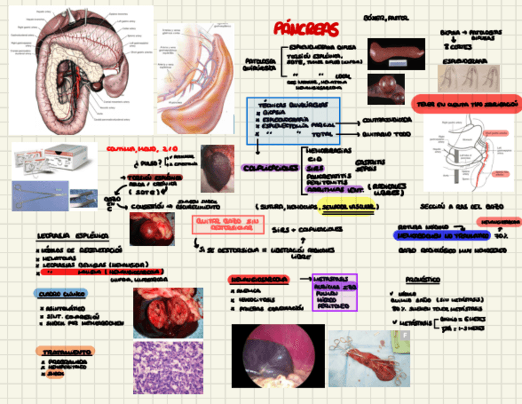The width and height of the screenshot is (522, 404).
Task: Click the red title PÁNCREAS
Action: [306, 29]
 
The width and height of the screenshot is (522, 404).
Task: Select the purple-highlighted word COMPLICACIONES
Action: [270, 168]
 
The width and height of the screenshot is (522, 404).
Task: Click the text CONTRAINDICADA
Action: [387, 119]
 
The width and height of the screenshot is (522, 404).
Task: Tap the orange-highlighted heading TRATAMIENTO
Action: [65, 352]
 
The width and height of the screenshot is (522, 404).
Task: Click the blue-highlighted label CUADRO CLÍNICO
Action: [62, 294]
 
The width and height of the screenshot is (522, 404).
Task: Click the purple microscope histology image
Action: [168, 368]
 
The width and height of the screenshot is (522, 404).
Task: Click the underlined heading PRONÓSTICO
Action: [423, 280]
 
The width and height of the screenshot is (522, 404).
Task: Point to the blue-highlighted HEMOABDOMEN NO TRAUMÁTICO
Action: [441, 235]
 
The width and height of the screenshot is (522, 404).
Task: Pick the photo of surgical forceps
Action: [54, 195]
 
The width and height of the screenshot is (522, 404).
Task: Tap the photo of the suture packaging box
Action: [54, 160]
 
